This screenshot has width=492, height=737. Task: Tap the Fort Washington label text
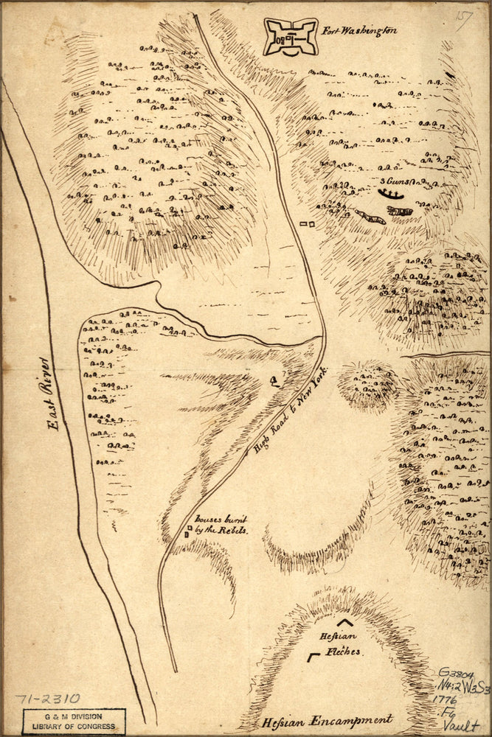pyautogui.click(x=359, y=31)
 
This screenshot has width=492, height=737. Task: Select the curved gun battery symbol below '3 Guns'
pyautogui.click(x=391, y=194)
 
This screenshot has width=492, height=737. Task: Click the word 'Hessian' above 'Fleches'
pyautogui.click(x=338, y=636)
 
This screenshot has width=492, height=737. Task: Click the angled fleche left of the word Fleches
pyautogui.click(x=313, y=655)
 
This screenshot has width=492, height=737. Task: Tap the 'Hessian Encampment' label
pyautogui.click(x=327, y=721)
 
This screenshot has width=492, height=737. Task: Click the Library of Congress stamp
pyautogui.click(x=73, y=722)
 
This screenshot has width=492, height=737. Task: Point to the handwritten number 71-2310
pyautogui.click(x=47, y=699)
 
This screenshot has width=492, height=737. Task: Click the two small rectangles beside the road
pyautogui.click(x=307, y=223)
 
